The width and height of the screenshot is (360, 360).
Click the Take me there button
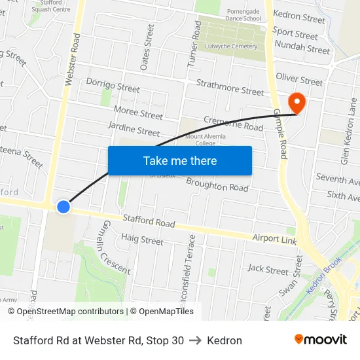[179, 160]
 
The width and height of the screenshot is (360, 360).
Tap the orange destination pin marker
[297, 103]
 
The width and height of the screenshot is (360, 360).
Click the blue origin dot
[63, 206]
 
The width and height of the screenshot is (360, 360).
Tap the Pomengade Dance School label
[234, 14]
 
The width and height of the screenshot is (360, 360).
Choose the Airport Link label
[274, 240]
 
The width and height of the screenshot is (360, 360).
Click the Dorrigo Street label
[113, 87]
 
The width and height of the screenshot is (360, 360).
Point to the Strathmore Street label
[230, 87]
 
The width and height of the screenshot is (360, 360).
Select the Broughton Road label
[217, 186]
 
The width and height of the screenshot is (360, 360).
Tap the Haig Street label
[142, 240]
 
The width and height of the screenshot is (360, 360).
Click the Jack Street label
[268, 270]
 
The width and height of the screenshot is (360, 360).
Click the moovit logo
[320, 339]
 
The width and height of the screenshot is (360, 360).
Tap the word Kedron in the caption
[225, 340]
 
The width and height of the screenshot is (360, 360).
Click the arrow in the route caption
[195, 340]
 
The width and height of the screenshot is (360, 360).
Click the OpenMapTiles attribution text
[161, 312]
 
